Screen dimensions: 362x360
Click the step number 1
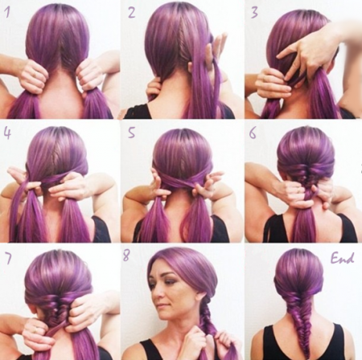click(x=6, y=11)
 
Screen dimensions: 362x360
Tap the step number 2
click(x=132, y=12)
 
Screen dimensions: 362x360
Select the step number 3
click(x=254, y=12)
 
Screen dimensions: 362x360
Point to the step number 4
click(x=7, y=133)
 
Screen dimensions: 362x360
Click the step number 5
click(x=131, y=133)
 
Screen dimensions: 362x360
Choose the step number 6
click(x=253, y=133)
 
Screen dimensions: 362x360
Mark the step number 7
click(x=8, y=258)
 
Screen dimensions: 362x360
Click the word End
click(x=342, y=258)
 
